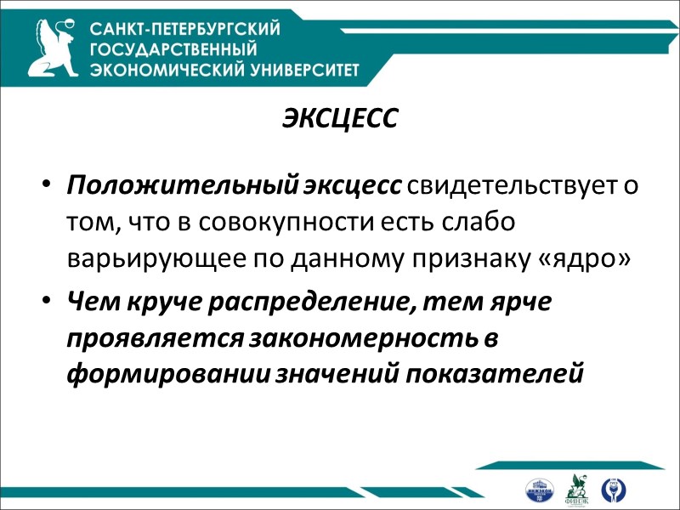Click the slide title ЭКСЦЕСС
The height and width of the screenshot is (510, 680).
click(x=340, y=120)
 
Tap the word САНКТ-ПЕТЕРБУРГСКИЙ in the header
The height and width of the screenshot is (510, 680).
click(x=185, y=30)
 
